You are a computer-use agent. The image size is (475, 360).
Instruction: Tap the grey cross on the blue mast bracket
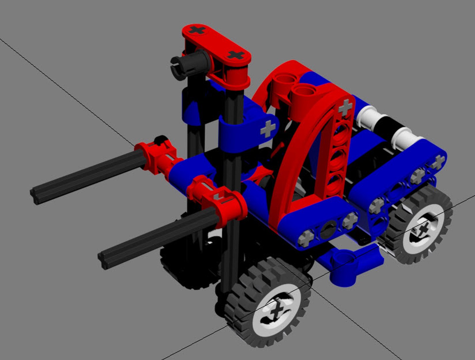268,129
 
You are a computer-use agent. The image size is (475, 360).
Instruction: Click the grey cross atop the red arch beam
345,108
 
